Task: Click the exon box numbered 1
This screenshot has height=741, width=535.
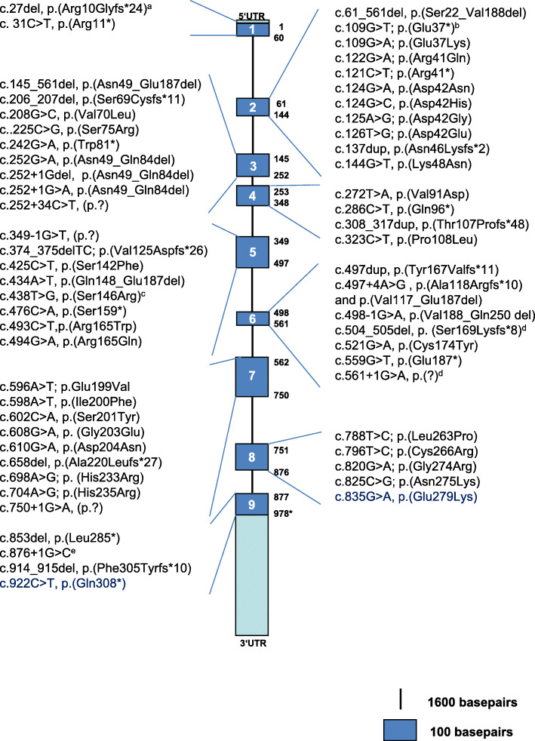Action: [253, 30]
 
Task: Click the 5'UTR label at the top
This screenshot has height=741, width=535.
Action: [253, 17]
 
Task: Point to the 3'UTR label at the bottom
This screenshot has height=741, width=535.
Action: [253, 643]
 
